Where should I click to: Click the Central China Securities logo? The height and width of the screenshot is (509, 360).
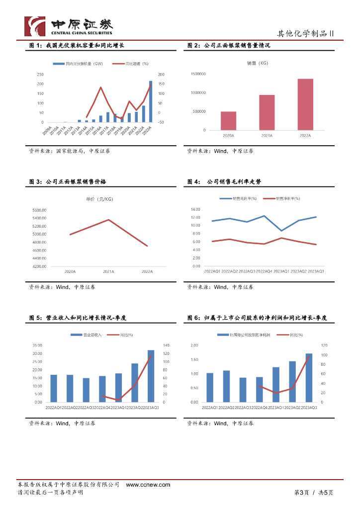coord(69,25)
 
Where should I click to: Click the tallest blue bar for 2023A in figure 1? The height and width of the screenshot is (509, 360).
coord(151,102)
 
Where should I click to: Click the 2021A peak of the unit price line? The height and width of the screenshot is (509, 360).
coord(108,220)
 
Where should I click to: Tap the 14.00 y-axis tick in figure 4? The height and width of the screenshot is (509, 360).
coord(195,209)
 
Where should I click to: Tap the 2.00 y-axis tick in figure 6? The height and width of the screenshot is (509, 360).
coord(194,345)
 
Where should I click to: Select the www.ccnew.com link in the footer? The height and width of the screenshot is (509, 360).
coord(148,485)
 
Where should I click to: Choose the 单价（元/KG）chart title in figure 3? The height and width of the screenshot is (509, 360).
coord(99,199)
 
